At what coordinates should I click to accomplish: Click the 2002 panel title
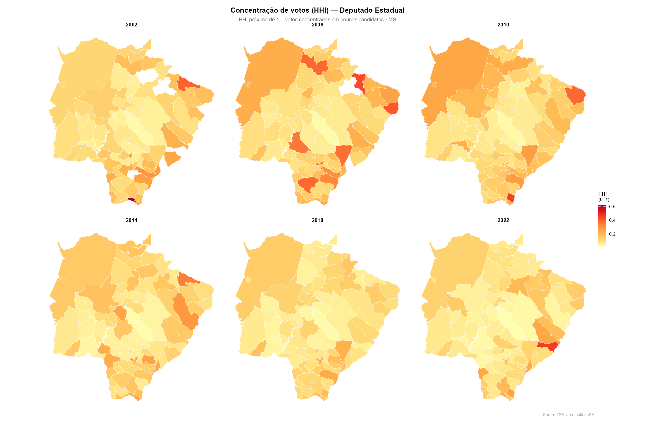[131, 25]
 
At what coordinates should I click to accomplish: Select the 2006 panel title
[317, 25]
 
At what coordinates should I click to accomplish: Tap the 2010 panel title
[503, 25]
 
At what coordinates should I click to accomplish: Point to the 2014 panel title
[131, 220]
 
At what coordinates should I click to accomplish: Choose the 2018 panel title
[317, 220]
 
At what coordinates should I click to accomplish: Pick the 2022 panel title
[503, 220]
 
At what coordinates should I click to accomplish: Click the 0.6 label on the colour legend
[612, 207]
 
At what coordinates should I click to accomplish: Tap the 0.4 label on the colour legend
[612, 220]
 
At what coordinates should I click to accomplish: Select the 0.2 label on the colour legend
[612, 234]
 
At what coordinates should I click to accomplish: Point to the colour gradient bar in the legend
[602, 226]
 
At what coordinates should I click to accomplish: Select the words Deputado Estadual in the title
[372, 10]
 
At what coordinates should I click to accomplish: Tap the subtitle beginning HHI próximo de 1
[317, 19]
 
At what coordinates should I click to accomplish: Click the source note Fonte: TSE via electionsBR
[569, 415]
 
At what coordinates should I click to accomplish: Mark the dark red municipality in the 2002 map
[131, 200]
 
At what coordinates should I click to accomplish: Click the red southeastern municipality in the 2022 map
[551, 346]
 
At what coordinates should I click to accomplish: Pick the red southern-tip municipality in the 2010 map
[510, 197]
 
